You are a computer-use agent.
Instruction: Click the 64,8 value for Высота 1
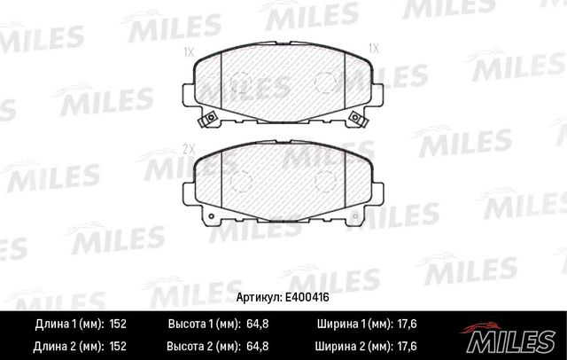255,324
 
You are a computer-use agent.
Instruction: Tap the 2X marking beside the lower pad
188,146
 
